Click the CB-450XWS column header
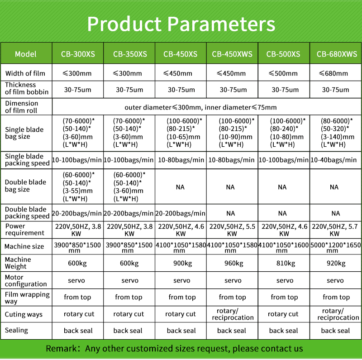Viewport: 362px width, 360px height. click(x=232, y=54)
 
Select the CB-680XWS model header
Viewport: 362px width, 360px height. click(x=337, y=54)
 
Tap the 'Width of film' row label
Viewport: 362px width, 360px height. click(x=25, y=73)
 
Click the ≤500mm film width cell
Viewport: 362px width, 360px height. click(x=283, y=73)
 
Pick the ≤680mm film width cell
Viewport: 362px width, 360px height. click(x=333, y=73)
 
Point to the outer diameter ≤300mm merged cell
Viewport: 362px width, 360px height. click(x=200, y=107)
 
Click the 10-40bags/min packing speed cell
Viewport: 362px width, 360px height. click(x=333, y=160)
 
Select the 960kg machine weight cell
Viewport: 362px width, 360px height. click(x=233, y=263)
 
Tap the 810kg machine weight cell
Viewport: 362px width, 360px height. click(x=286, y=263)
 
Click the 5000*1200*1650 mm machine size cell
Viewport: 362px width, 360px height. click(x=335, y=247)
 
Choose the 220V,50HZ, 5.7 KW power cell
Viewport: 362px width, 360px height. click(x=335, y=230)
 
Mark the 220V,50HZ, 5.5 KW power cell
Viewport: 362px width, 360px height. click(x=232, y=230)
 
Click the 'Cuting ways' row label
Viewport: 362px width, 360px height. click(x=24, y=314)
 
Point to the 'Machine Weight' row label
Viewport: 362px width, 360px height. click(x=18, y=263)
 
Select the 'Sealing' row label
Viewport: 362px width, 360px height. click(x=16, y=330)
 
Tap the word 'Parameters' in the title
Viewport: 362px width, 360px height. click(x=221, y=24)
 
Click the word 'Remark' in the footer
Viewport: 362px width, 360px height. click(x=61, y=348)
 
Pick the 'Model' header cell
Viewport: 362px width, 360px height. click(x=26, y=54)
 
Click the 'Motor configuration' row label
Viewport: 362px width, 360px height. click(x=26, y=280)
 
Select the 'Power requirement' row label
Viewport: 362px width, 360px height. click(x=24, y=230)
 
